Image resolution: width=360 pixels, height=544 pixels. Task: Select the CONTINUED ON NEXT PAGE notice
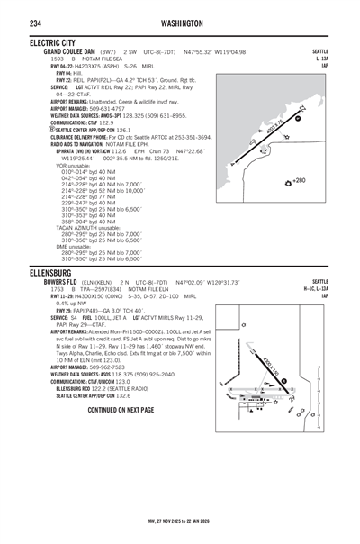pos(121,410)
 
